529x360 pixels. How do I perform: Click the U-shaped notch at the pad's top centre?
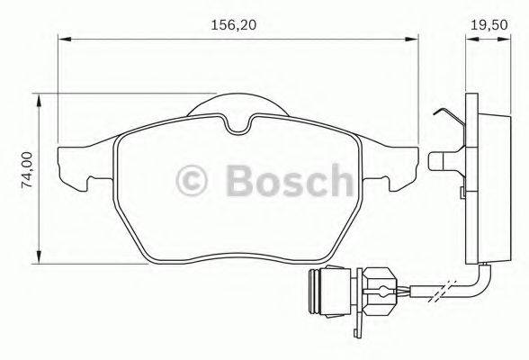tap(238, 127)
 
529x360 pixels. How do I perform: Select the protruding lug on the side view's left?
tap(441, 162)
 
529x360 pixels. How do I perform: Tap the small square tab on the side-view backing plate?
tap(460, 193)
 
